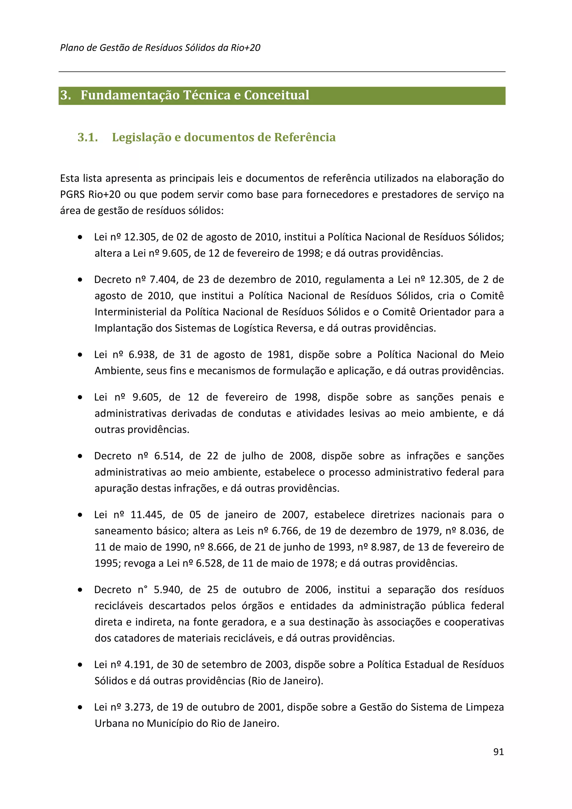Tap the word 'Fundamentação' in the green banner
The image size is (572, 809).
[130, 95]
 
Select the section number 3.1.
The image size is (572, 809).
[87, 137]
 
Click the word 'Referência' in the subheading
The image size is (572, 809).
[305, 137]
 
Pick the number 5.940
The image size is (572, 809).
[167, 590]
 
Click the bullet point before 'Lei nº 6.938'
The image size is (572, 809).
[80, 355]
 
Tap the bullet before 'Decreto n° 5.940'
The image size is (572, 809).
[80, 590]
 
